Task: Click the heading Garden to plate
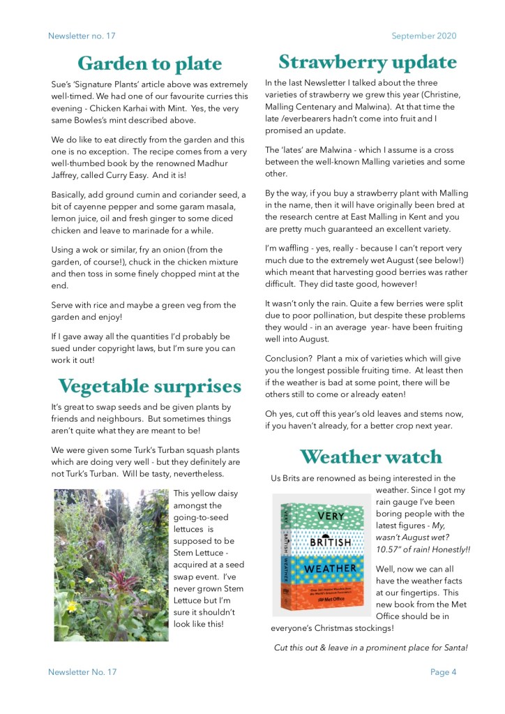click(149, 64)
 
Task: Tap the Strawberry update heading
click(368, 61)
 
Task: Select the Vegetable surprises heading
click(149, 385)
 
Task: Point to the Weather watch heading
click(370, 456)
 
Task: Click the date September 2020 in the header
click(424, 36)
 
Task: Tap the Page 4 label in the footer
click(443, 672)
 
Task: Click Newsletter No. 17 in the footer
click(82, 672)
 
